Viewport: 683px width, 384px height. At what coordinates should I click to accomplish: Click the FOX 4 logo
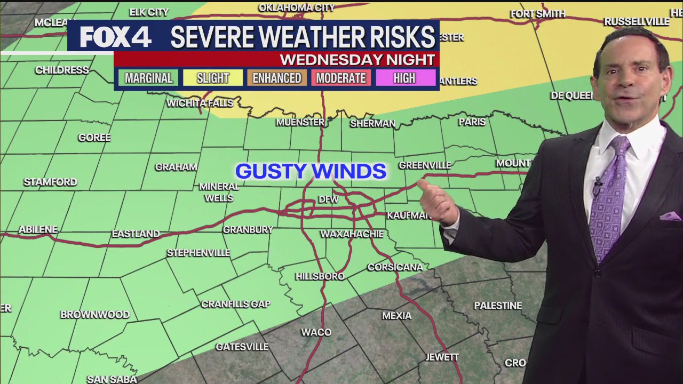pos(116,36)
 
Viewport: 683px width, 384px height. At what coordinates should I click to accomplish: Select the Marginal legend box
pos(148,78)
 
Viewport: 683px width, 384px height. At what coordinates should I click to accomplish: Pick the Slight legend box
pos(212,78)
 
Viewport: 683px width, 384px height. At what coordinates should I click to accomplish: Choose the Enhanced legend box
pos(276,78)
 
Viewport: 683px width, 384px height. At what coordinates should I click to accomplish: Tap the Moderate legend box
pos(341,78)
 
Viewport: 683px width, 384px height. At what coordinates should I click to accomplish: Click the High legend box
pos(404,78)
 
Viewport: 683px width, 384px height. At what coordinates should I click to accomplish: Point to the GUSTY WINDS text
pos(311,171)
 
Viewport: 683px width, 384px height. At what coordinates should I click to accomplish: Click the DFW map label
pos(328,199)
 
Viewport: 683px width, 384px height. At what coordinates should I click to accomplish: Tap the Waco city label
pos(316,332)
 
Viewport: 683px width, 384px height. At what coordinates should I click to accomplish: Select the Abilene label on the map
pos(38,229)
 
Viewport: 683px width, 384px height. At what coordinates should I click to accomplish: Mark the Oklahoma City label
pos(296,7)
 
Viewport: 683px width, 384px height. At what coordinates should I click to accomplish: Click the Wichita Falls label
pos(200,103)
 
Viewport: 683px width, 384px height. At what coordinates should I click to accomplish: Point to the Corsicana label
pos(395,267)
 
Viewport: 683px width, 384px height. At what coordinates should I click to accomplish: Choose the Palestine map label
pos(498,306)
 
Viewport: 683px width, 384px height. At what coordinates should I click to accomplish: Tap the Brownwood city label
pos(95,314)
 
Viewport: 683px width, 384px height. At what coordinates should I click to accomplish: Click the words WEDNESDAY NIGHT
pos(357,59)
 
